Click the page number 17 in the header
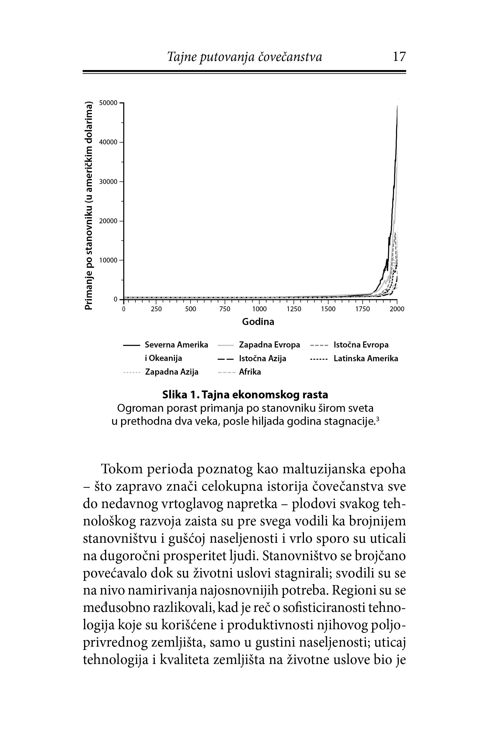pos(399,57)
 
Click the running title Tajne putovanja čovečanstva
pos(245,57)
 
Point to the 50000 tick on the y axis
pos(108,103)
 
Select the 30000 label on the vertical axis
pos(108,182)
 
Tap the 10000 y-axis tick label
pos(108,260)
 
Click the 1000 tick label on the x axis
pos(260,309)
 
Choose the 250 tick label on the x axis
pos(156,309)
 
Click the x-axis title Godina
pos(258,322)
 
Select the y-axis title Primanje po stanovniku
pos(89,206)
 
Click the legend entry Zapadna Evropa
pos(269,345)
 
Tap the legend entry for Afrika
pos(250,372)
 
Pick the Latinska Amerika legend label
pos(366,358)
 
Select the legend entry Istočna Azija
pos(262,358)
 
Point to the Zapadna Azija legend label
pos(172,372)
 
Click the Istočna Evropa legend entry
pos(361,345)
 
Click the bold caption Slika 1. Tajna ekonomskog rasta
pos(245,395)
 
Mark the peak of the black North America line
pos(397,106)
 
